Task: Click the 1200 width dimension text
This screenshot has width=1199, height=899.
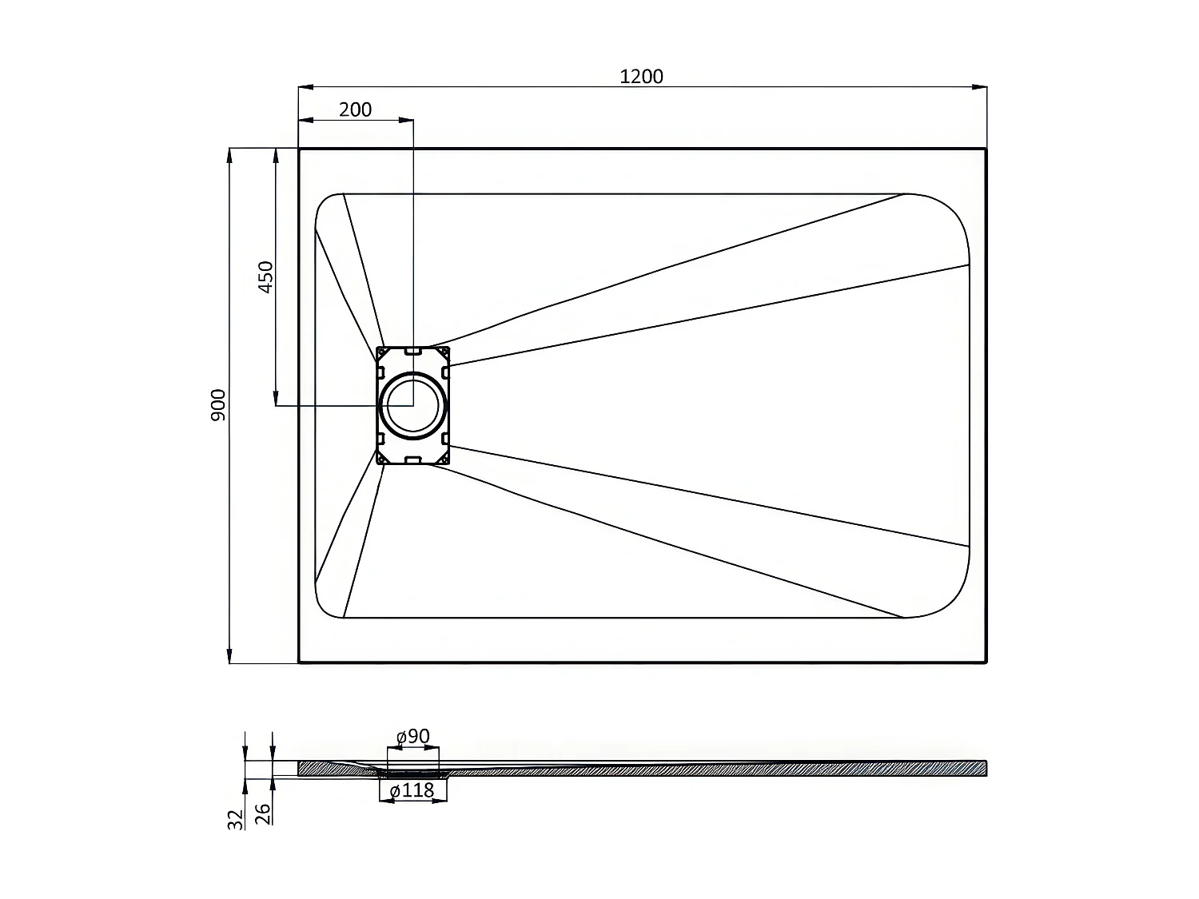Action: [x=641, y=76]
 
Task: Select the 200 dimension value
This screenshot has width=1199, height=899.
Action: [x=355, y=109]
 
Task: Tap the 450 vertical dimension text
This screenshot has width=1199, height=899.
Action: [x=266, y=276]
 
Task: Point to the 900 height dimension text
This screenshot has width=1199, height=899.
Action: [x=219, y=405]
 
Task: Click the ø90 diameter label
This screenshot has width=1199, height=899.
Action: [x=413, y=736]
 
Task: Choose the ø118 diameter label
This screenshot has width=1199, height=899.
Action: [x=412, y=790]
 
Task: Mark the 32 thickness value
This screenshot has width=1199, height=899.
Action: [x=235, y=818]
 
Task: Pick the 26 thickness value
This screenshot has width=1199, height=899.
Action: [x=263, y=813]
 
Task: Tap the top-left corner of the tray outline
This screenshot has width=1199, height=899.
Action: [x=300, y=149]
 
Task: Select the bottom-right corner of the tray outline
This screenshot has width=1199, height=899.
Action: [x=986, y=662]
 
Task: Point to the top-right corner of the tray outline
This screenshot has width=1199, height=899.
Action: [x=986, y=149]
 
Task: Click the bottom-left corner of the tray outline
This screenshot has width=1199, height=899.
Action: [x=300, y=662]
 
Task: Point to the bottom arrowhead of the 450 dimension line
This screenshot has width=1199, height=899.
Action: [x=277, y=399]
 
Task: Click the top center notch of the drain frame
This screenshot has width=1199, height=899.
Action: [x=413, y=350]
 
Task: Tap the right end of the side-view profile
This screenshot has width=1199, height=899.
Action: [x=985, y=768]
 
